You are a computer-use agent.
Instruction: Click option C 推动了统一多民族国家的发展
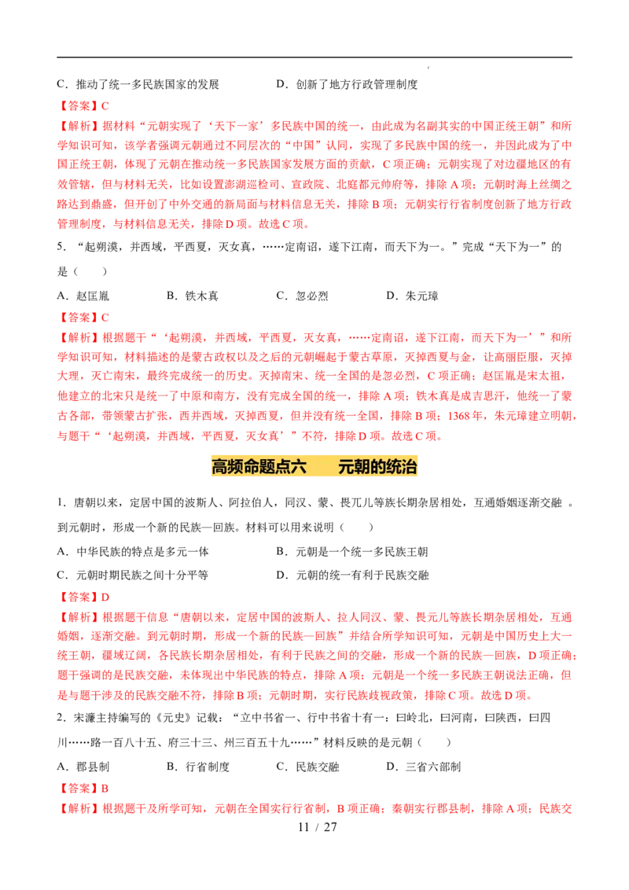[x=138, y=85]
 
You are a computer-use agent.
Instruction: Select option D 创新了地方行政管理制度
[x=347, y=85]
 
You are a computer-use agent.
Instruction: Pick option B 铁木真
[x=193, y=296]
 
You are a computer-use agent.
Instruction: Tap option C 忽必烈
[x=302, y=296]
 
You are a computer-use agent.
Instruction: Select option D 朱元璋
[x=412, y=296]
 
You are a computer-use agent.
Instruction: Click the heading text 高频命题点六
[x=259, y=466]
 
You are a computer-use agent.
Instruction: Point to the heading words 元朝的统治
[x=377, y=466]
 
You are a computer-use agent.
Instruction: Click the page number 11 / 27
[x=318, y=827]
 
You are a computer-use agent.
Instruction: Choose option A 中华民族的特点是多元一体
[x=133, y=552]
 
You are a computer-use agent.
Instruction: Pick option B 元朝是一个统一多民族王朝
[x=352, y=552]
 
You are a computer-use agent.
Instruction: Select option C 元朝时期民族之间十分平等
[x=132, y=575]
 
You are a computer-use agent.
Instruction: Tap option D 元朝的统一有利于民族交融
[x=352, y=575]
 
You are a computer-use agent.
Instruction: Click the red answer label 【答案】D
[x=83, y=597]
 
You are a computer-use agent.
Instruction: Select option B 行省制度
[x=198, y=767]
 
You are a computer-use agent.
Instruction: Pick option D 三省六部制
[x=424, y=767]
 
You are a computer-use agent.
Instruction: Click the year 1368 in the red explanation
[x=458, y=416]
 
